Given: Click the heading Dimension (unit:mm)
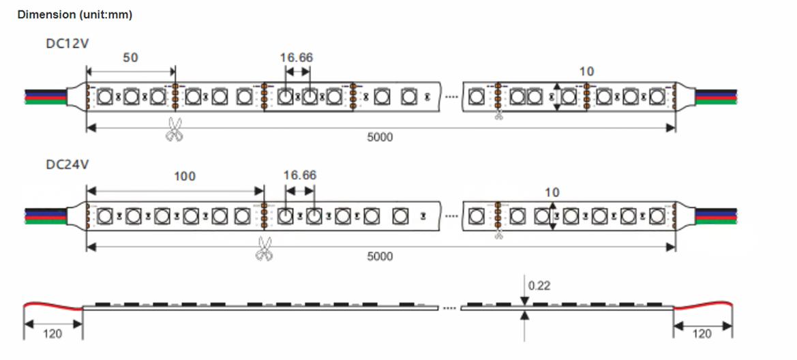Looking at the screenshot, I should (x=75, y=15).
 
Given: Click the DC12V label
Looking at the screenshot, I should (x=68, y=44).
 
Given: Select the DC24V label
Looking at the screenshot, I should (x=68, y=164).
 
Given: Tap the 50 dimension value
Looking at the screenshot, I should (x=130, y=58).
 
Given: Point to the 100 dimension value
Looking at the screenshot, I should (x=184, y=177).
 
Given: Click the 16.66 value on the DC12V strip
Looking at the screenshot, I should (x=297, y=58).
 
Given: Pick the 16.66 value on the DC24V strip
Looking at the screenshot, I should (x=300, y=176).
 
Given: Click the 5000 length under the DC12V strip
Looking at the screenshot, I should (x=380, y=137).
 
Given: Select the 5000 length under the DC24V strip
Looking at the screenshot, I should (x=380, y=256).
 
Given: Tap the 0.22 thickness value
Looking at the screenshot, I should (x=539, y=286).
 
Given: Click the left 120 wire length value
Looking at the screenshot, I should (x=52, y=333).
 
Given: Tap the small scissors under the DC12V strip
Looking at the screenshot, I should (x=499, y=115).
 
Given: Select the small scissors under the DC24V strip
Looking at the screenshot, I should (x=499, y=235).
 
